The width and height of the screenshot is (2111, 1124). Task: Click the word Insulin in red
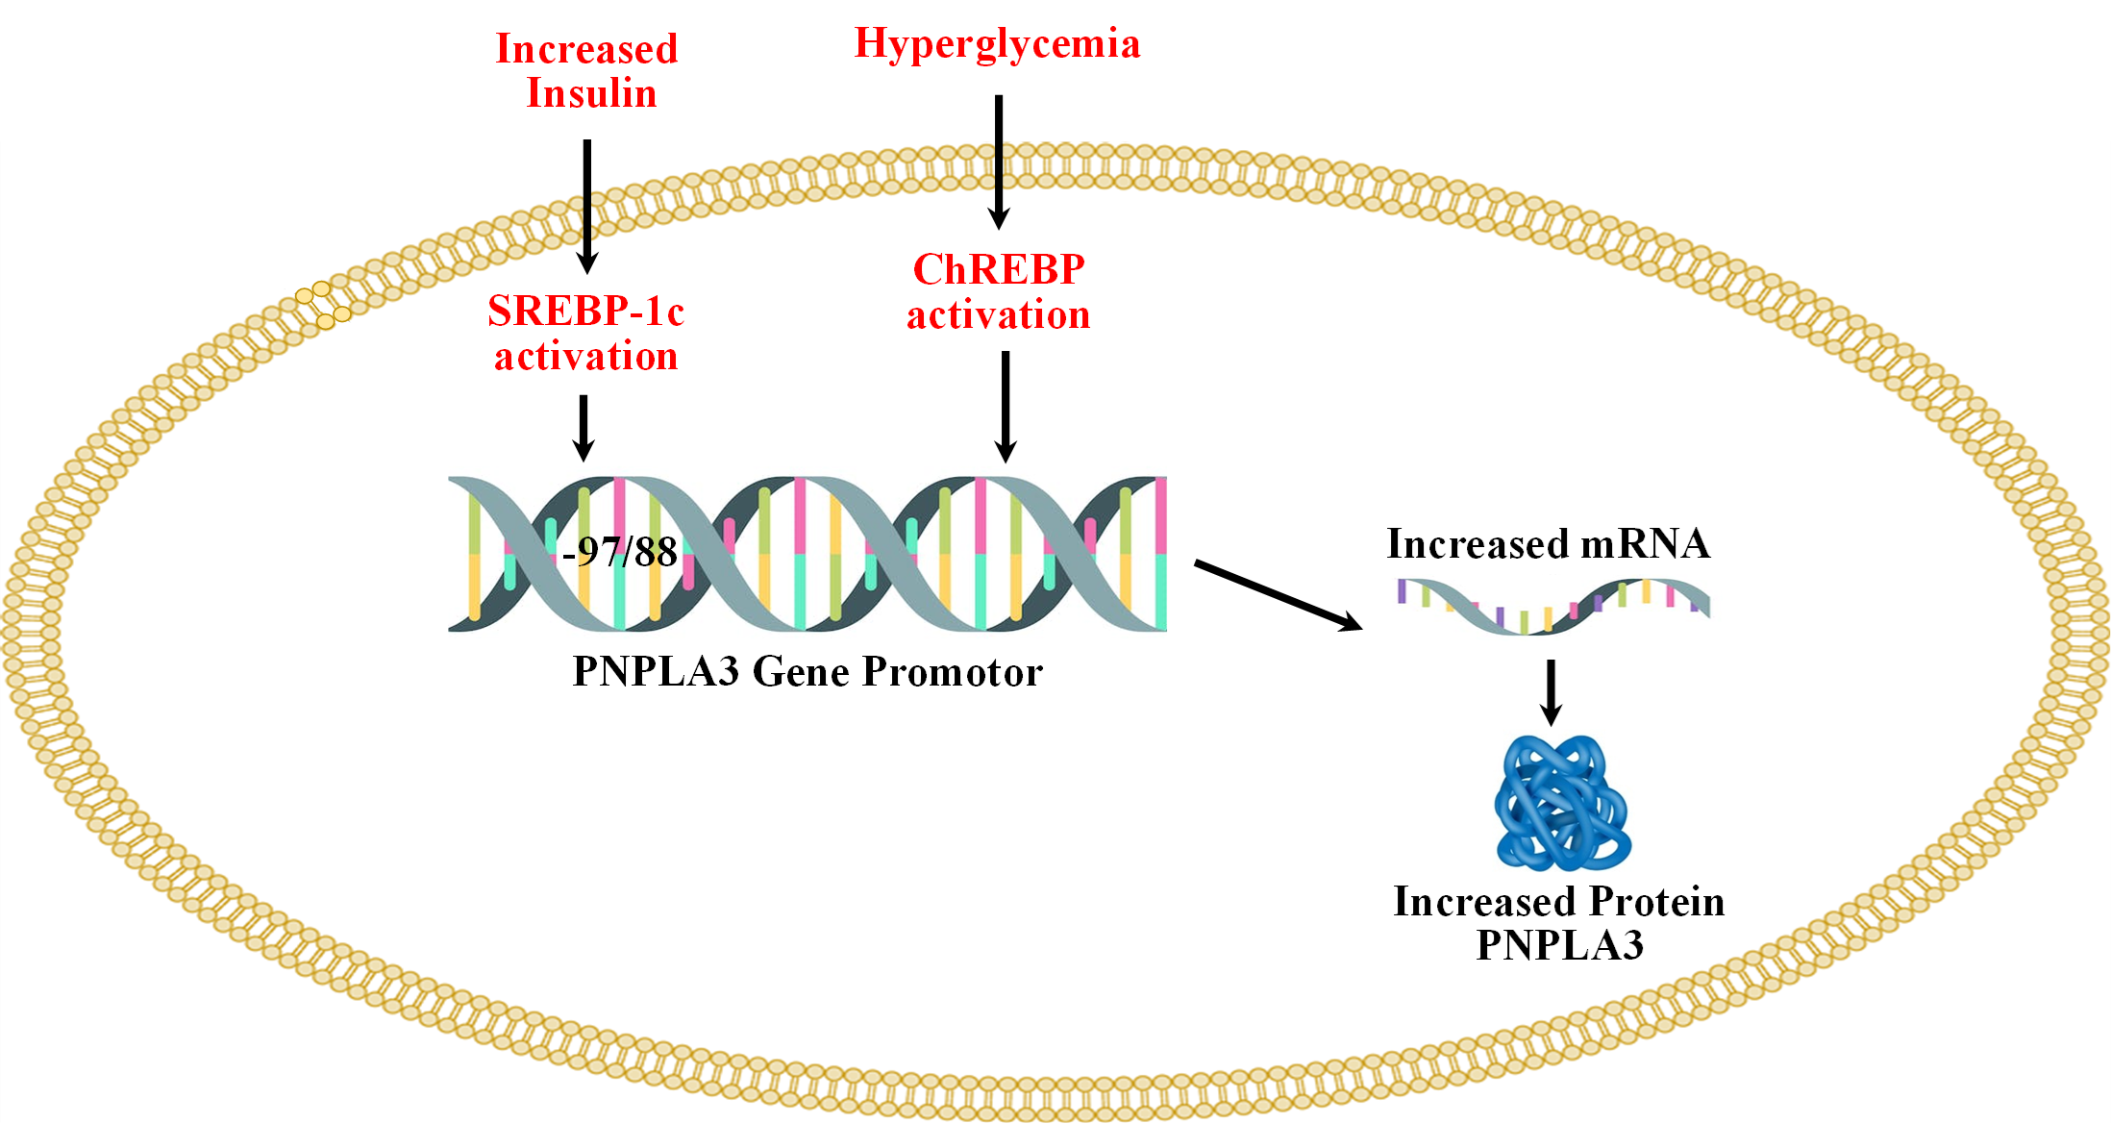coord(591,93)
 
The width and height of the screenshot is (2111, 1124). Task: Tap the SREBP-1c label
coord(585,311)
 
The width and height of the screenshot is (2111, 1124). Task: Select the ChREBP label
coord(999,269)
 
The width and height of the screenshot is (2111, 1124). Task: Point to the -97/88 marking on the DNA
coord(620,552)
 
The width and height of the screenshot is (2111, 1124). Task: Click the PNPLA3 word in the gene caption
coord(656,671)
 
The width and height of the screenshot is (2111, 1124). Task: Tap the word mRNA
coord(1646,544)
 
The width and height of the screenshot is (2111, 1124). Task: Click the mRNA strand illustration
coord(1553,607)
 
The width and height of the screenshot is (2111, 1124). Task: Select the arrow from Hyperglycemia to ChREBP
coord(999,162)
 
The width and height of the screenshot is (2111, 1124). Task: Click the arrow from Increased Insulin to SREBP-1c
coord(586,207)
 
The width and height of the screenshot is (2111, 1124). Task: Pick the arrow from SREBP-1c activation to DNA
coord(583,429)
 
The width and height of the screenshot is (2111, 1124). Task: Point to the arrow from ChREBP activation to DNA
coord(1006,407)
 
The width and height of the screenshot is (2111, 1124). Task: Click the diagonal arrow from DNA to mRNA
coord(1279,595)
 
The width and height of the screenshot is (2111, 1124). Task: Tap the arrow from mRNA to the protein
coord(1551,692)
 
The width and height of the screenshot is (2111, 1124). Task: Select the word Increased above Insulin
coord(586,49)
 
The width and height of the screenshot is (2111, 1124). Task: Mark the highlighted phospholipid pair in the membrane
coord(323,305)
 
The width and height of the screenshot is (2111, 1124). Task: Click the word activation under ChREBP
coord(999,315)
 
